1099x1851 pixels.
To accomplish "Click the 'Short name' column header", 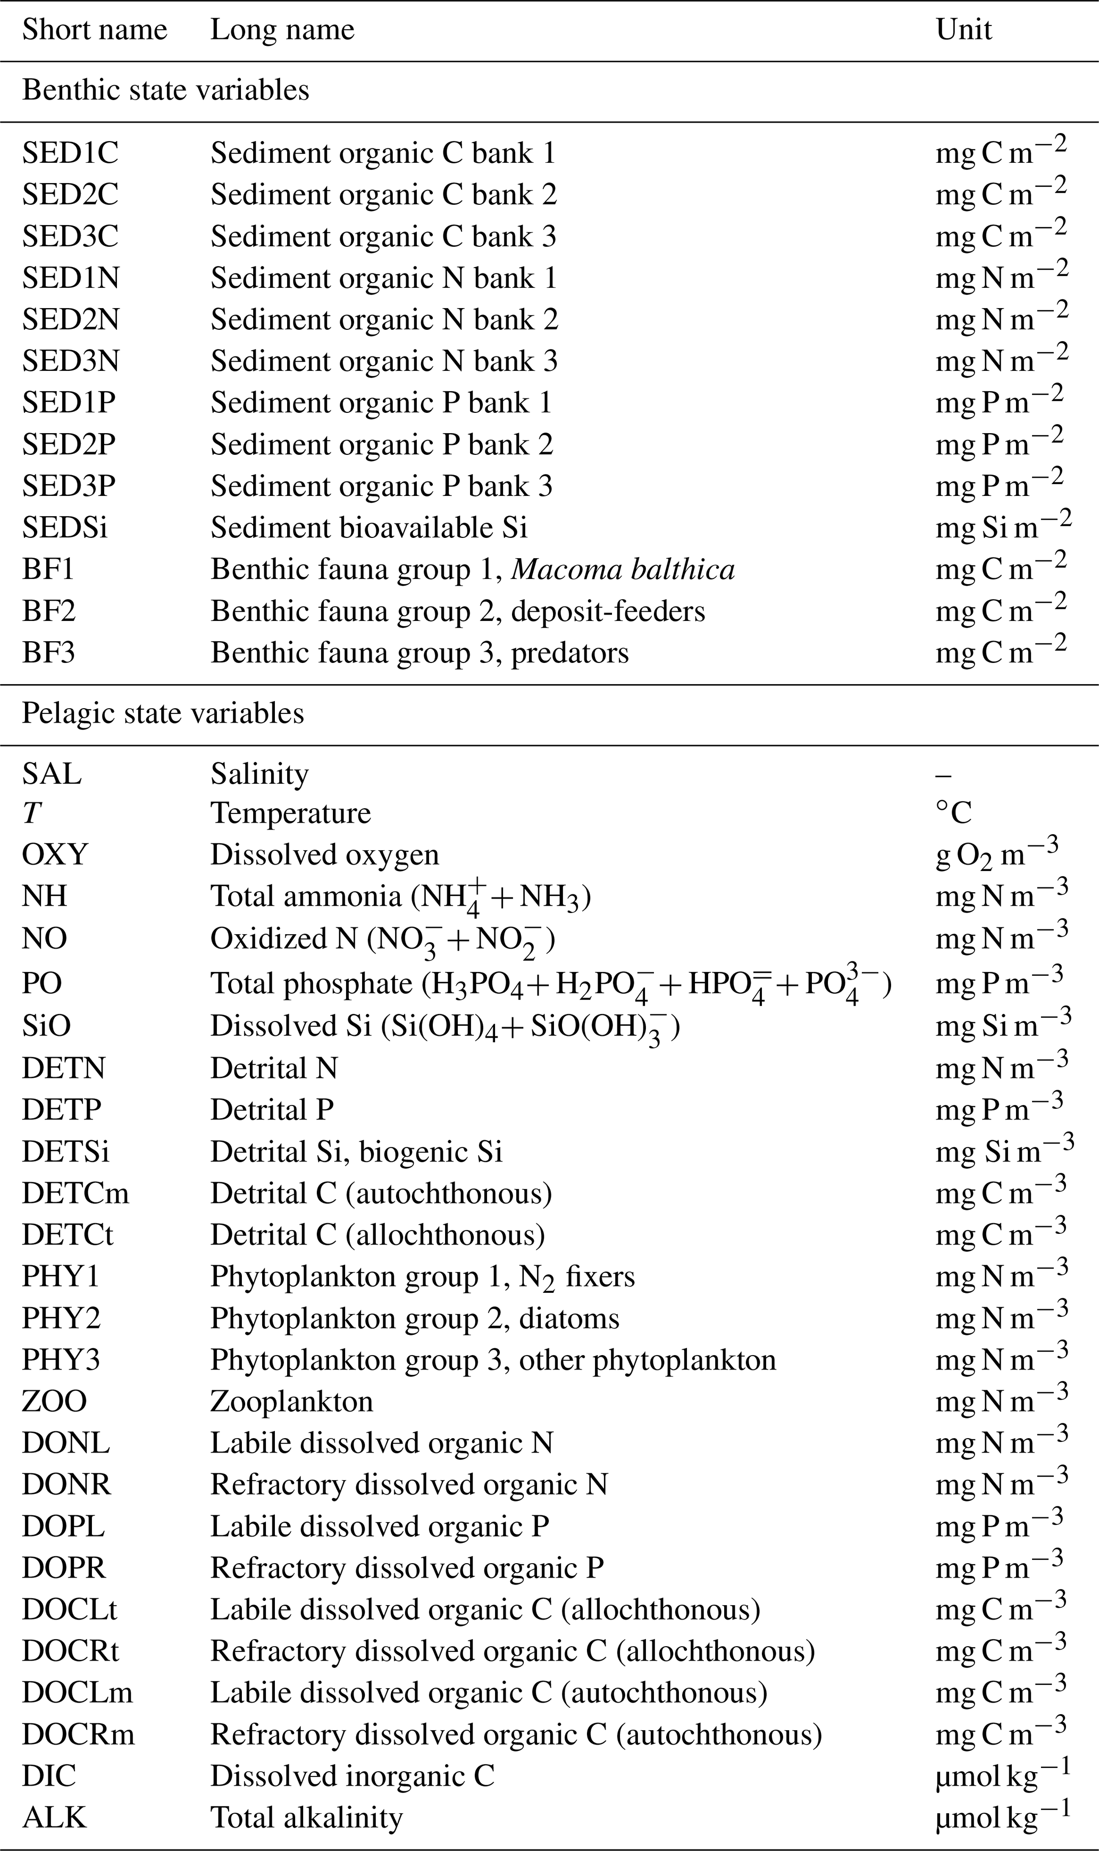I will [95, 30].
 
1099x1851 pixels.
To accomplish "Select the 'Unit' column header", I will [963, 30].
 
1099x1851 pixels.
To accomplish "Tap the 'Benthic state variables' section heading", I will [166, 90].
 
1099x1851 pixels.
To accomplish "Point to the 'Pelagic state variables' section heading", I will [163, 713].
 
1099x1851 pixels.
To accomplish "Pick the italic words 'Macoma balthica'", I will [623, 570].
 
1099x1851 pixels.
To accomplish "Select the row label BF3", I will [49, 653].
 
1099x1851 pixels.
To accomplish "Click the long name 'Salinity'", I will [259, 774].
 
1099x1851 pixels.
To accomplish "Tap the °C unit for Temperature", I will [954, 814].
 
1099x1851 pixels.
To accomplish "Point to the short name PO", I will [42, 983].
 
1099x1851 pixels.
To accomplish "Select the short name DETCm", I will [75, 1193].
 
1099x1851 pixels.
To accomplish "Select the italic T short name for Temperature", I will [31, 814].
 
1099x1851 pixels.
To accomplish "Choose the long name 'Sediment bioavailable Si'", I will [369, 528].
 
